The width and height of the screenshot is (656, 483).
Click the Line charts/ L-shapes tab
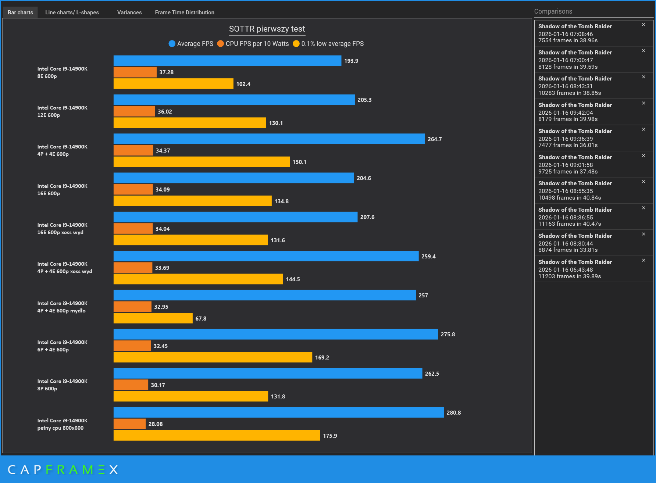point(72,12)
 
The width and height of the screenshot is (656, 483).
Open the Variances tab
point(129,12)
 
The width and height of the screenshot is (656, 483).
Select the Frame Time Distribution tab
point(184,12)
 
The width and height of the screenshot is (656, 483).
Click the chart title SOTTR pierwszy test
point(267,29)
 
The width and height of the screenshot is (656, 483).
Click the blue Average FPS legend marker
point(172,44)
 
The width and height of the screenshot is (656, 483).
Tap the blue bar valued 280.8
point(278,412)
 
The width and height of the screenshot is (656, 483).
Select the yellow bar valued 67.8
point(153,318)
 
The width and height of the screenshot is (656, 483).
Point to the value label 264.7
point(434,139)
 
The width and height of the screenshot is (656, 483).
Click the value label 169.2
point(322,358)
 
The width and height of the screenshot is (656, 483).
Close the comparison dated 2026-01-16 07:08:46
point(643,25)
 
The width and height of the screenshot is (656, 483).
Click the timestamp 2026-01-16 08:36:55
point(565,218)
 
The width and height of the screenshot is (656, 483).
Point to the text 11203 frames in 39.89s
point(569,276)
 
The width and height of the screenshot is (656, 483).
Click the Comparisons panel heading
point(553,11)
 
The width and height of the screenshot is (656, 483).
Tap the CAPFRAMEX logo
point(63,469)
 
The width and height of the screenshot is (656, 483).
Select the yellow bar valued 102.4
point(173,84)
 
